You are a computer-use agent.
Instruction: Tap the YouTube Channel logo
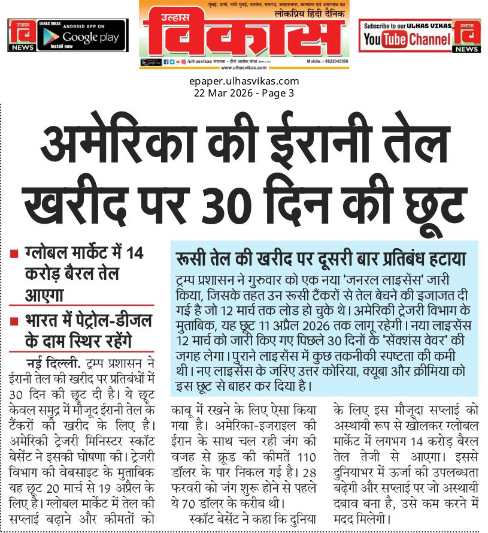click(407, 40)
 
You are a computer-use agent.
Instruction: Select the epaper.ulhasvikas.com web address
click(244, 82)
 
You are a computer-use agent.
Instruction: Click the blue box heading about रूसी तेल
click(320, 259)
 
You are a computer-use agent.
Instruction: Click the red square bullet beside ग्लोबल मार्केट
click(13, 254)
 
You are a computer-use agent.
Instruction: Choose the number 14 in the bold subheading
click(135, 252)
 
